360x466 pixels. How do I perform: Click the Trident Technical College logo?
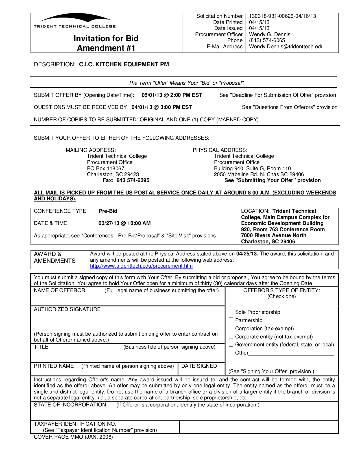click(x=75, y=21)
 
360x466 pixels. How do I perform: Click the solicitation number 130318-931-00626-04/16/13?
click(x=282, y=16)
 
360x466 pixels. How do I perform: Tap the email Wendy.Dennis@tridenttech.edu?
click(x=286, y=47)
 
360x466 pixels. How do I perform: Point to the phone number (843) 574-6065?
click(x=267, y=40)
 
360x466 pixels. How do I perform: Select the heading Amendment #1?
click(x=106, y=48)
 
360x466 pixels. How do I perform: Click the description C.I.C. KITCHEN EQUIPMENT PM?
click(x=124, y=64)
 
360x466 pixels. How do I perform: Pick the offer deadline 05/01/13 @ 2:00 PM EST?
click(x=172, y=95)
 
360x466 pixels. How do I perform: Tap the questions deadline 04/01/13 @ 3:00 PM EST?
click(x=162, y=107)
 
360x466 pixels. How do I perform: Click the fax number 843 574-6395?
click(x=133, y=180)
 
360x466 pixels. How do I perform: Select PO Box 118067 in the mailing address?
click(x=106, y=168)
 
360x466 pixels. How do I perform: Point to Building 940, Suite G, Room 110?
click(x=252, y=168)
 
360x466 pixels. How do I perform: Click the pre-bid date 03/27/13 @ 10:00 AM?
click(x=125, y=223)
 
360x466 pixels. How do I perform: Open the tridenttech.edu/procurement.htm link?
click(x=141, y=266)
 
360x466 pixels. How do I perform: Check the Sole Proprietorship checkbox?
click(x=231, y=312)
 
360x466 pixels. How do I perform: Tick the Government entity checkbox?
click(x=231, y=345)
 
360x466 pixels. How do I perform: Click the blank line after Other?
click(x=291, y=353)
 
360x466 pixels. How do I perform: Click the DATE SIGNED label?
click(x=199, y=366)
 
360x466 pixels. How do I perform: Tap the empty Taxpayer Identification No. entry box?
click(x=258, y=427)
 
